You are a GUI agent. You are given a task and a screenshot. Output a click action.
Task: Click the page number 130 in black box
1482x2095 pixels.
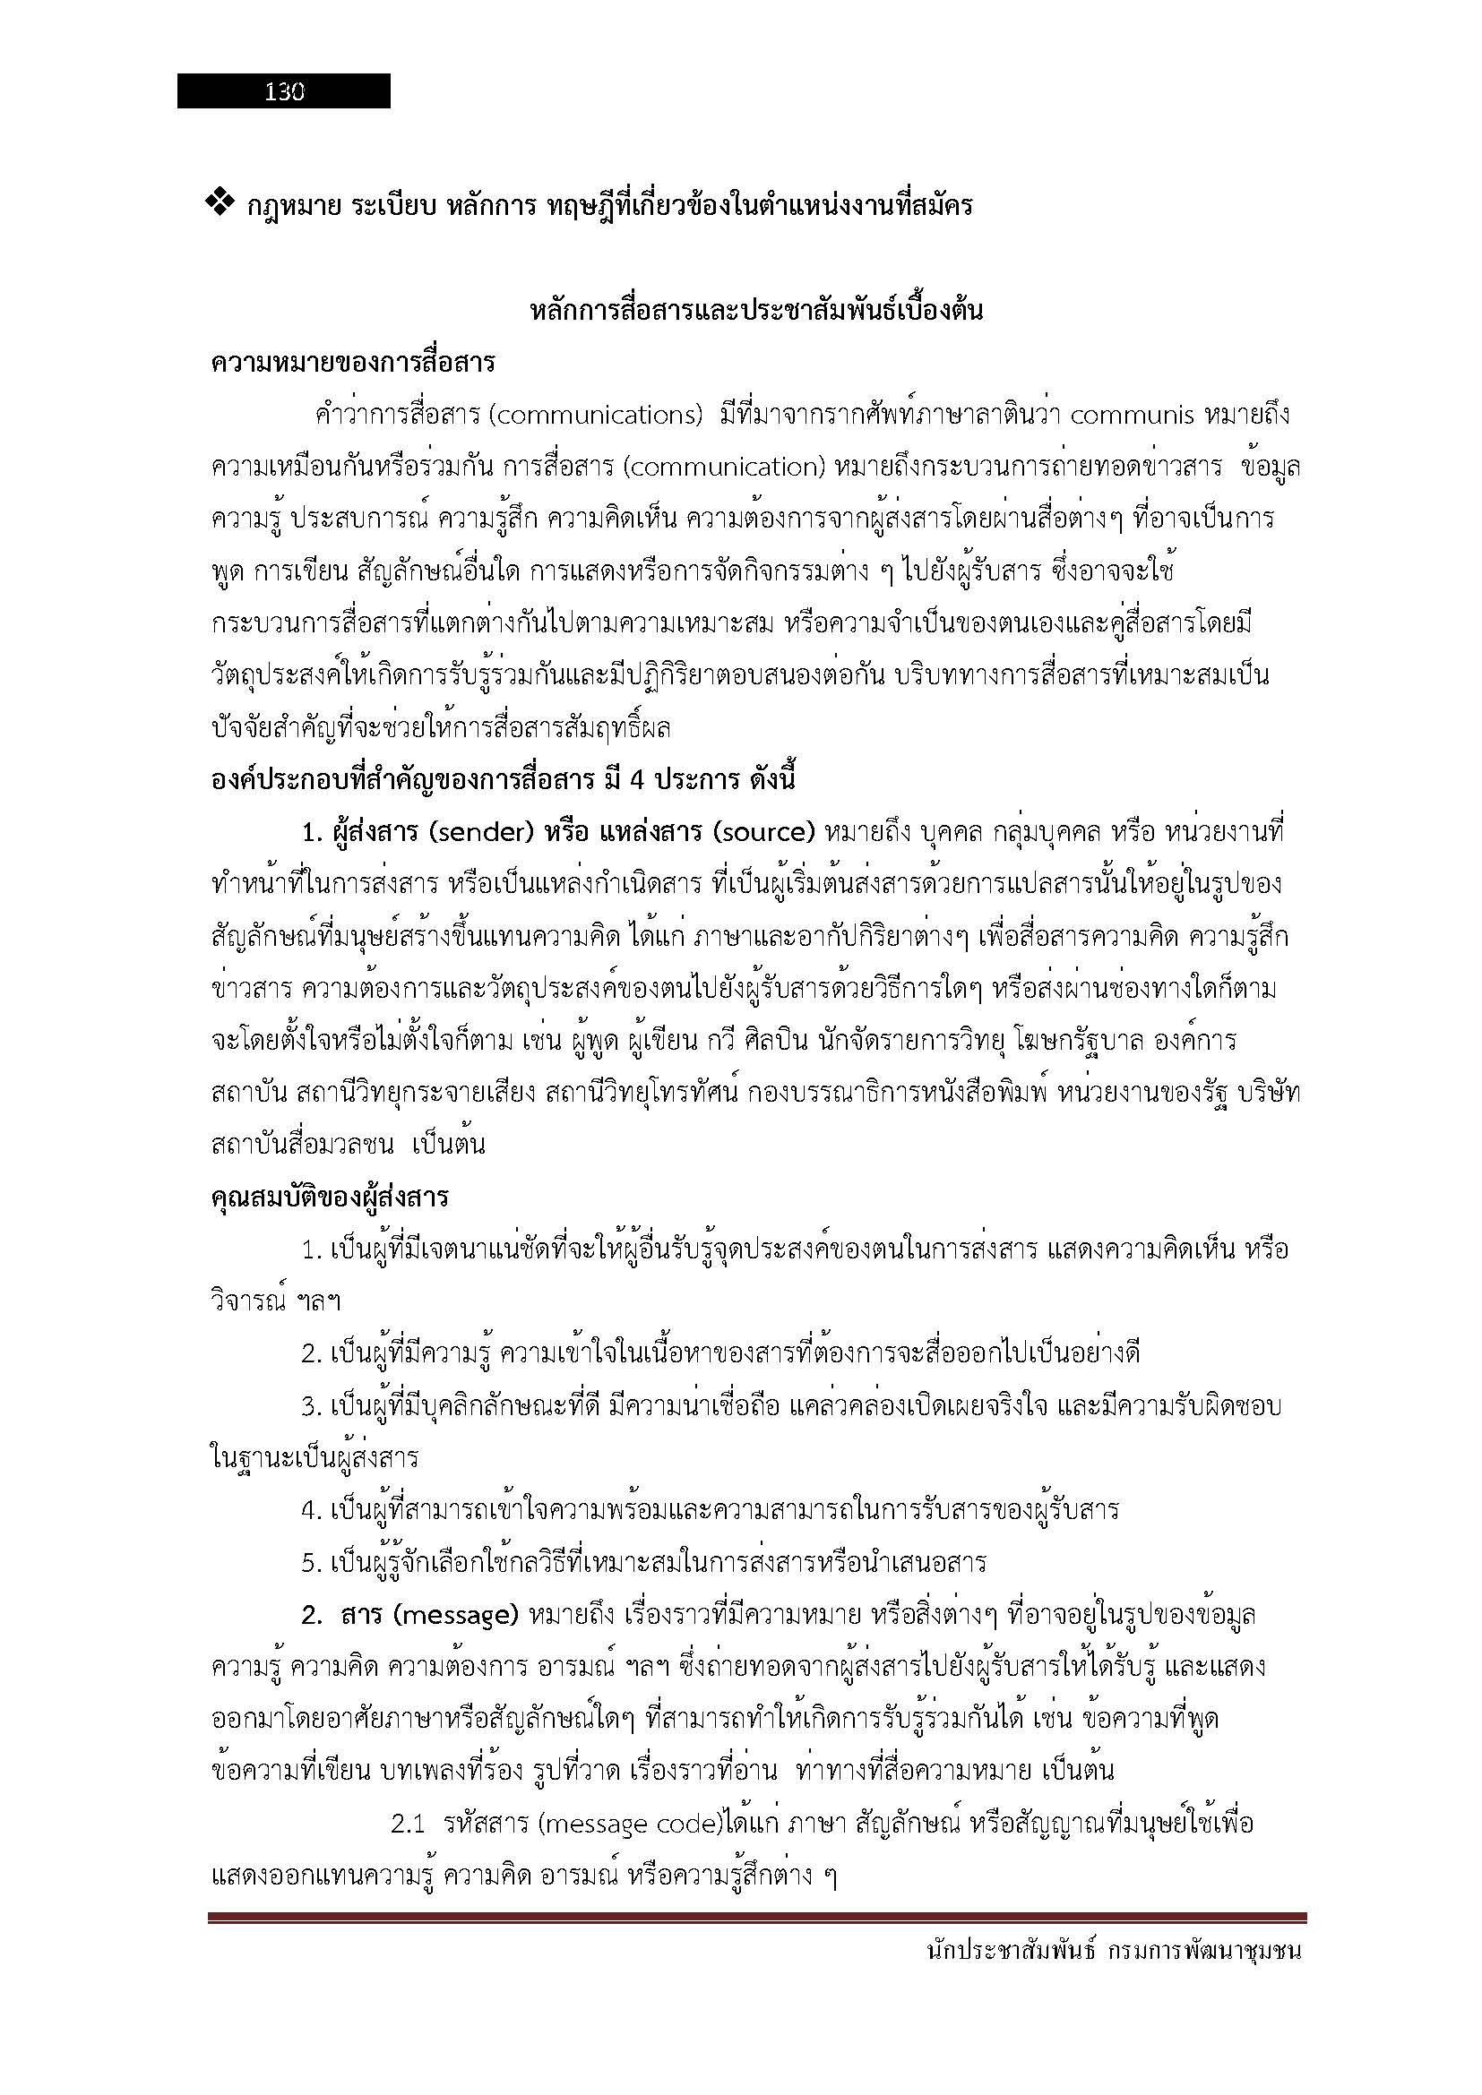(x=284, y=91)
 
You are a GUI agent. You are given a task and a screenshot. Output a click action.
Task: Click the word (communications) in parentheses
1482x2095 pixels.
(x=596, y=416)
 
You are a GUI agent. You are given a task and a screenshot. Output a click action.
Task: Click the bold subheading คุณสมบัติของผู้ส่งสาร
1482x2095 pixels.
(x=330, y=1197)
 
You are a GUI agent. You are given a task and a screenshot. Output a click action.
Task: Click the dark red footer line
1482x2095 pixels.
(x=757, y=1919)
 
